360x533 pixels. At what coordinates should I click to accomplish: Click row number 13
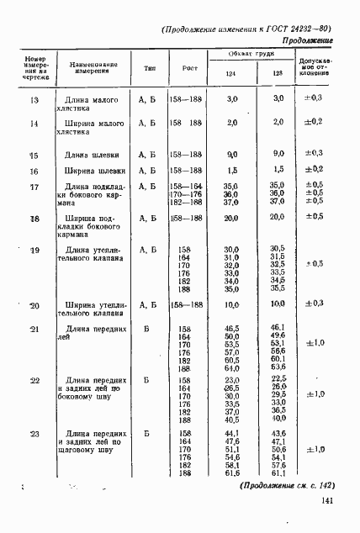34,100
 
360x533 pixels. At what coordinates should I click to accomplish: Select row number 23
34,434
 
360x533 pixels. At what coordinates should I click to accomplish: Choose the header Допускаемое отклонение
315,66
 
